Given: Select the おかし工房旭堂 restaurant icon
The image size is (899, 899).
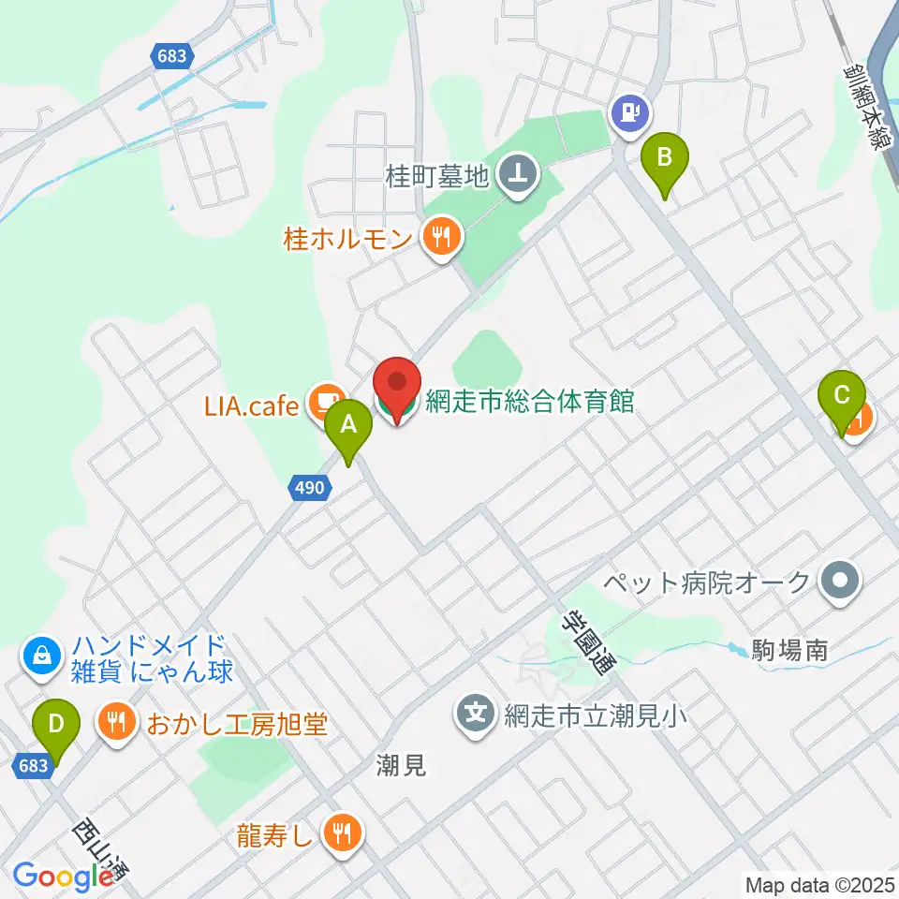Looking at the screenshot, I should tap(116, 723).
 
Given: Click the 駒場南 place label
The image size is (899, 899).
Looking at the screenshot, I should tap(789, 650).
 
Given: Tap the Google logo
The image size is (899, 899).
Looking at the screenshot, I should tap(63, 877).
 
